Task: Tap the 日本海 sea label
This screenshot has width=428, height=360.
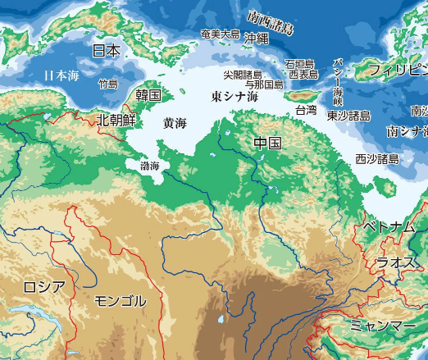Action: [61, 75]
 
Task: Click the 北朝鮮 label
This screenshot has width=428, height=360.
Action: [116, 120]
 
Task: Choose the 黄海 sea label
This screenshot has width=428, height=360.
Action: [175, 123]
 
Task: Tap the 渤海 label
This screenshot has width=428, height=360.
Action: [149, 166]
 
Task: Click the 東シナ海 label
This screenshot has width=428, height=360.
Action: [234, 97]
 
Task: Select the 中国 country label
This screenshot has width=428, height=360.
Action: [267, 144]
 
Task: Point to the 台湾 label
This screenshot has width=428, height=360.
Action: [306, 109]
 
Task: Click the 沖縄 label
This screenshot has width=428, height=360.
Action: [256, 38]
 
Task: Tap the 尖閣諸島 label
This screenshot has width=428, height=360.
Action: [243, 74]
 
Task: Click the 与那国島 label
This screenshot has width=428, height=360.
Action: [265, 84]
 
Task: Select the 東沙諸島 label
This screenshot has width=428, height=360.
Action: [348, 116]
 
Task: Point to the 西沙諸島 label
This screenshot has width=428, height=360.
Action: [377, 158]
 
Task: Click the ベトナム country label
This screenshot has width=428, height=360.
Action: [389, 226]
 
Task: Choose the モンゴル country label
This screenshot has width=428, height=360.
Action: [121, 300]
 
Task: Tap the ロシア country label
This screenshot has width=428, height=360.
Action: [43, 286]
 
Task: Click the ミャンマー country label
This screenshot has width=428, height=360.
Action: [383, 326]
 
